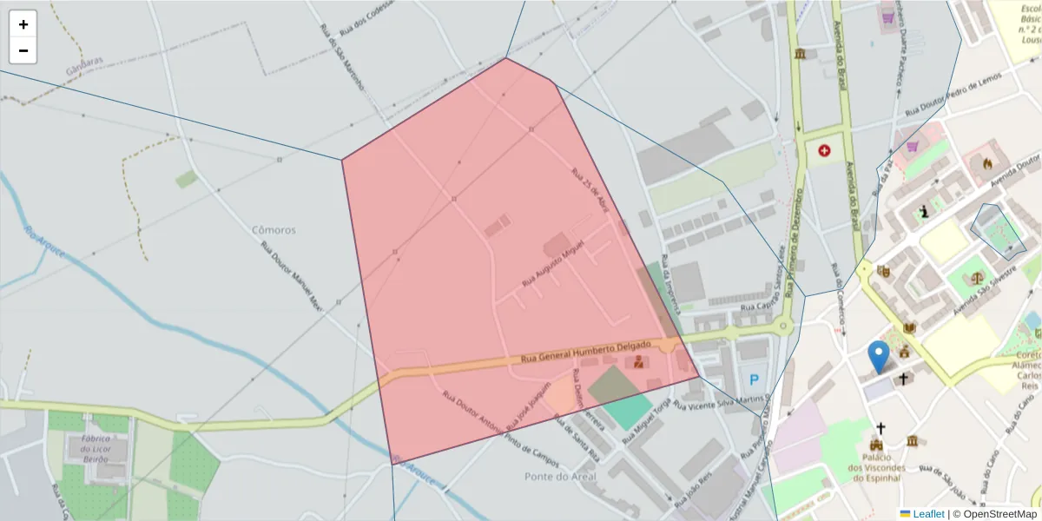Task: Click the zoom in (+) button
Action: pyautogui.click(x=23, y=24)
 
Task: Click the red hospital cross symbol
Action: pyautogui.click(x=824, y=150)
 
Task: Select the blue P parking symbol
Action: pyautogui.click(x=753, y=379)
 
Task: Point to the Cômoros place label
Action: pyautogui.click(x=274, y=230)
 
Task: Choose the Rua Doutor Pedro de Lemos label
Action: pyautogui.click(x=953, y=94)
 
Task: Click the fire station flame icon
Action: pyautogui.click(x=986, y=162)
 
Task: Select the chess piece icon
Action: pyautogui.click(x=925, y=211)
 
